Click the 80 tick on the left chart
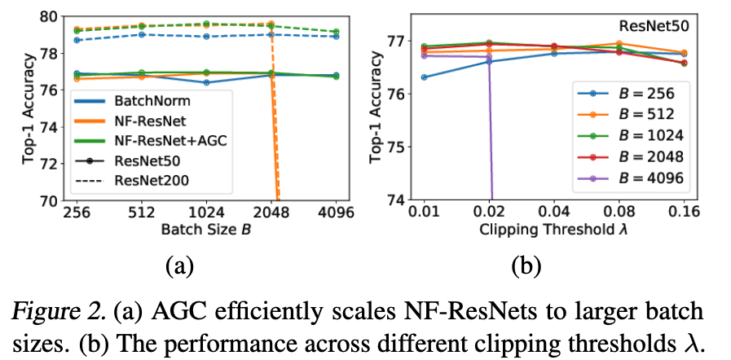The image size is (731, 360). [46, 15]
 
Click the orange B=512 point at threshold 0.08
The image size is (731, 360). [619, 43]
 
